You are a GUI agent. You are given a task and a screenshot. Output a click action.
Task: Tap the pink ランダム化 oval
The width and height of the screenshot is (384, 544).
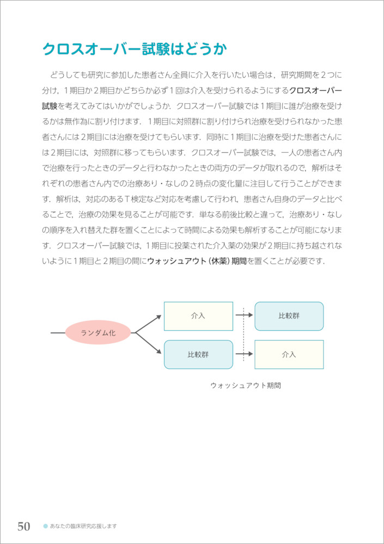(x=98, y=332)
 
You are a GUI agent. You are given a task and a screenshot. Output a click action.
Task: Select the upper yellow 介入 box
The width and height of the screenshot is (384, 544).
(x=198, y=316)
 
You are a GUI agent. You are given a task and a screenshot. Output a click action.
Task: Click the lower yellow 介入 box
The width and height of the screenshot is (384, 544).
(x=289, y=355)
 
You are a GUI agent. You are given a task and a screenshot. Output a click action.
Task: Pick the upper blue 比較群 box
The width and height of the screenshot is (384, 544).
(x=289, y=316)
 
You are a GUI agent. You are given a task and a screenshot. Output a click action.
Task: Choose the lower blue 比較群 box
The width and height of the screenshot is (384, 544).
(x=198, y=355)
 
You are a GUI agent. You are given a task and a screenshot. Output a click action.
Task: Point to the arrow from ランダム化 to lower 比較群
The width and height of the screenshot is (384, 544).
(x=148, y=343)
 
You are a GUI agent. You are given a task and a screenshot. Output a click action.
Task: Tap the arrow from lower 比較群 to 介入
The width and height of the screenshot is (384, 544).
(x=243, y=354)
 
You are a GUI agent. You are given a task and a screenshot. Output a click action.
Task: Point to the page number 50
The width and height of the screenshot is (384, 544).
(x=23, y=526)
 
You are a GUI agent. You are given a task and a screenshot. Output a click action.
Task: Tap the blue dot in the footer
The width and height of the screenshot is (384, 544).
(x=45, y=526)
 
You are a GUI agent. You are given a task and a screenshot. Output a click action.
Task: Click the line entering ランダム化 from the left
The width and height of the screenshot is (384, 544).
(x=57, y=332)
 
